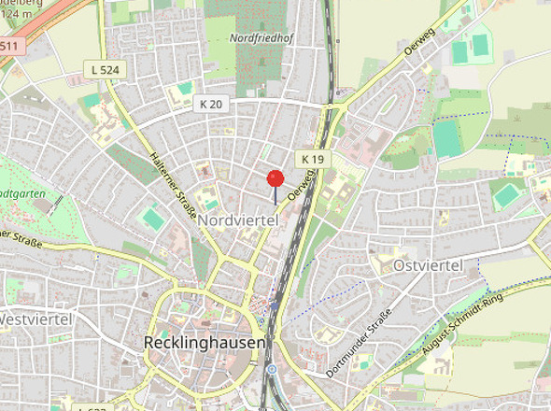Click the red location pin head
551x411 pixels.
pos(275,178)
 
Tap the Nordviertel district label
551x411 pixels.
pos(240,219)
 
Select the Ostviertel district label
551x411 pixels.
pos(430,266)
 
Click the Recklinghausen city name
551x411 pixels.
pos(205,343)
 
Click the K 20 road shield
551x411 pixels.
pos(211,104)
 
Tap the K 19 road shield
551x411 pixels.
pos(311,161)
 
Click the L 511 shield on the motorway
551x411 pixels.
pos(8,45)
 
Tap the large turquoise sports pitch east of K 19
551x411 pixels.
pos(446,139)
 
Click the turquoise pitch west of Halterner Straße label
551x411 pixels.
pos(151,219)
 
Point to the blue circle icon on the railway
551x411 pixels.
pos(271,369)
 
